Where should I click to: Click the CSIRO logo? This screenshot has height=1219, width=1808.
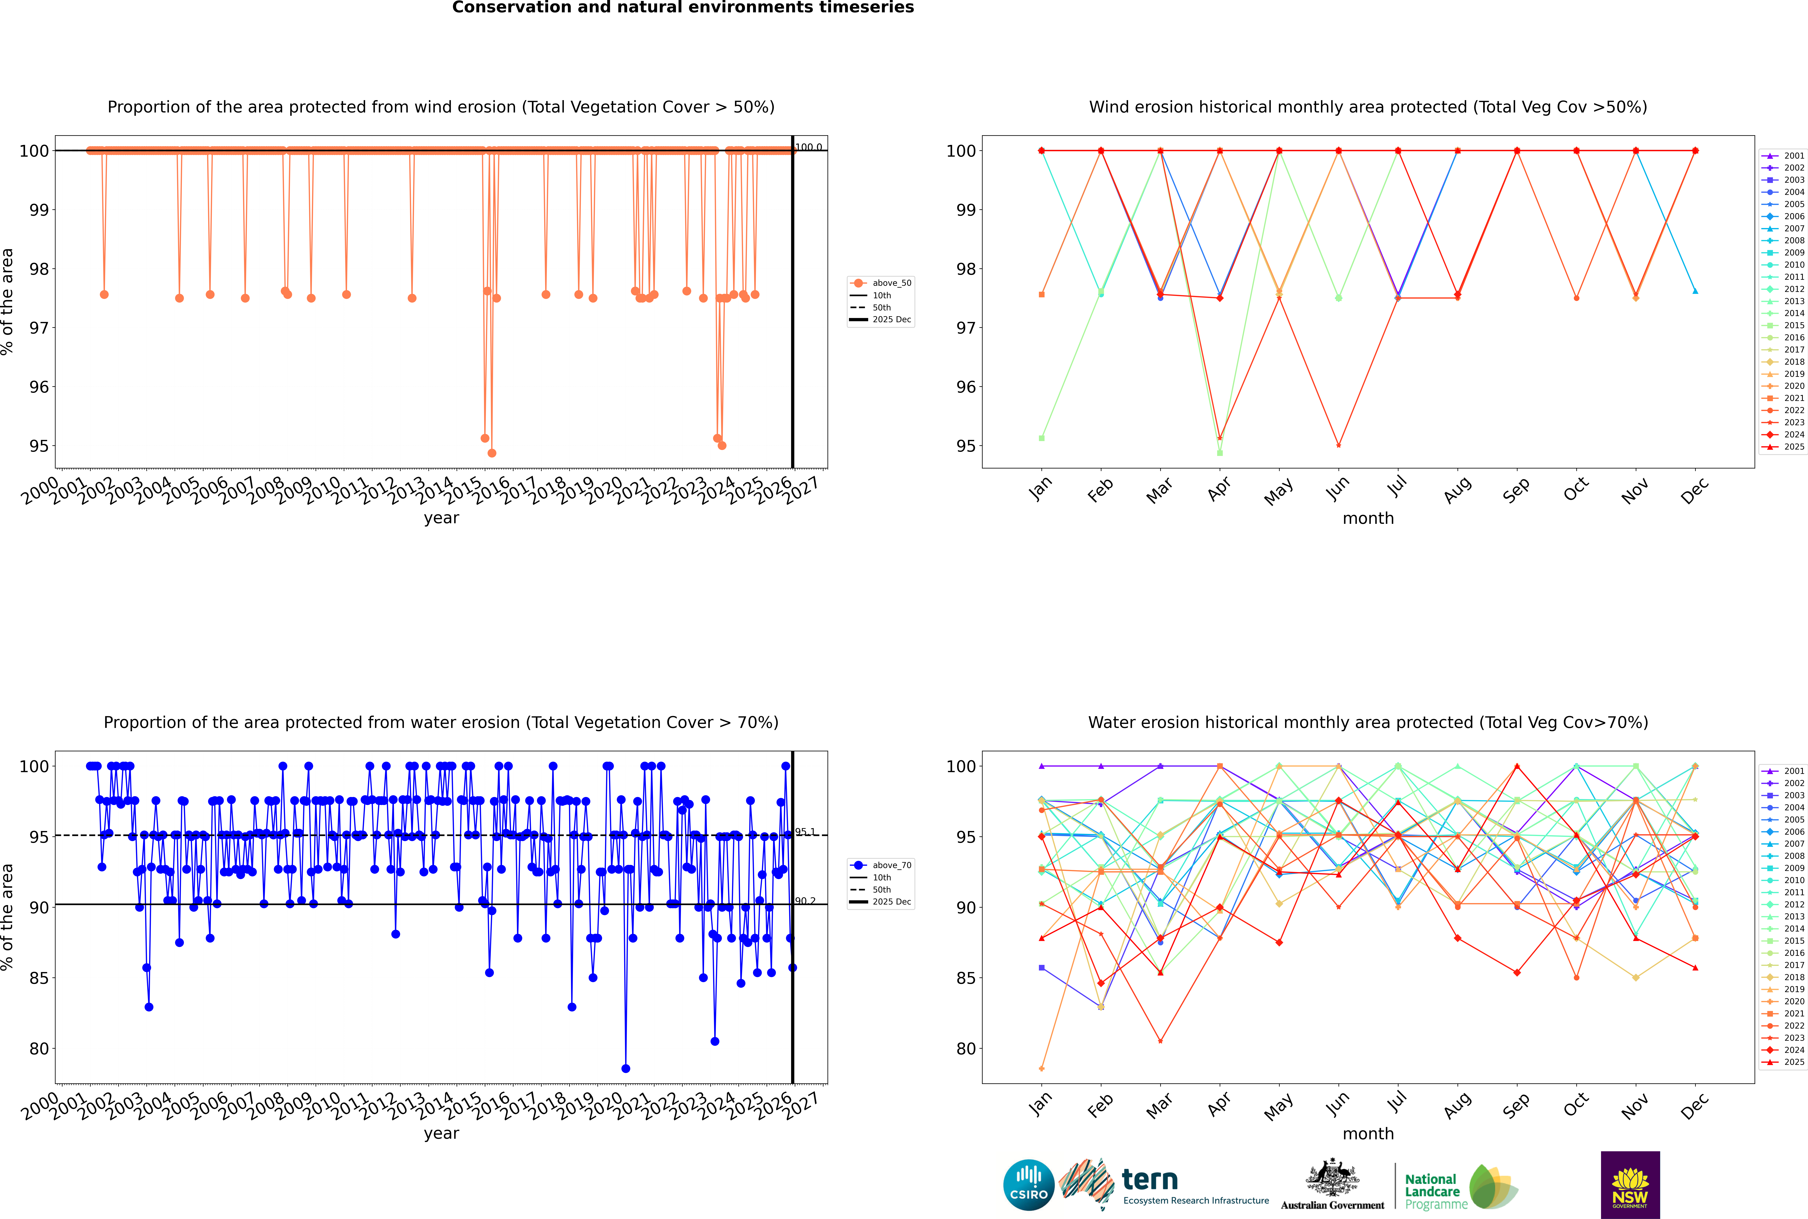1028,1185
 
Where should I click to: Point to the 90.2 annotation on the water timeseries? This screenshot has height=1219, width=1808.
805,901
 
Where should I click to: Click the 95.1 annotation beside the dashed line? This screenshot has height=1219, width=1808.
805,832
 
